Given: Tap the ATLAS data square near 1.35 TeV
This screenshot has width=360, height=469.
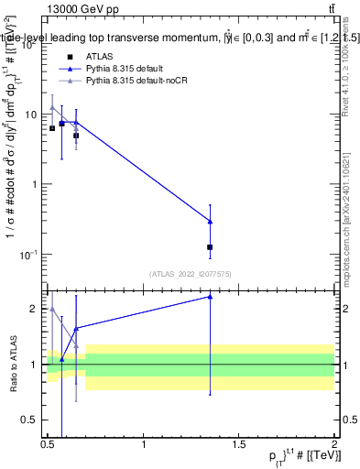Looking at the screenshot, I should tap(211, 247).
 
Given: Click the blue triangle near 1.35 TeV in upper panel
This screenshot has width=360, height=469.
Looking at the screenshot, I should tap(211, 221).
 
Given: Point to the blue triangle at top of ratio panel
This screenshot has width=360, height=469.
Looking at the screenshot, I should tap(211, 296).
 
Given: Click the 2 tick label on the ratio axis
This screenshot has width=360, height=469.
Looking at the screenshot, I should tap(34, 309).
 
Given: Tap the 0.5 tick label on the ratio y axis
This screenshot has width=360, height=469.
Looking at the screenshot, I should tap(28, 420).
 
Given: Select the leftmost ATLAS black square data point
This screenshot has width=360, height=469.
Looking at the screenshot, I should tap(52, 128).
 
